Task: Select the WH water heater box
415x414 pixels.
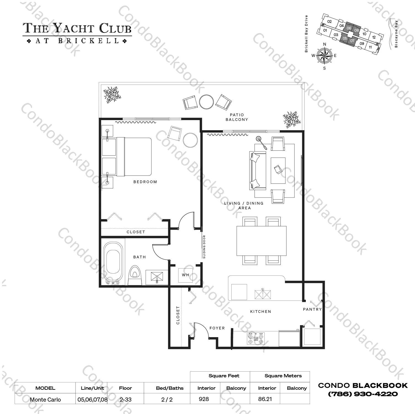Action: click(x=186, y=275)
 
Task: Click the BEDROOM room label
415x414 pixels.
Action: click(x=145, y=182)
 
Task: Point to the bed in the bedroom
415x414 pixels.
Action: click(x=134, y=156)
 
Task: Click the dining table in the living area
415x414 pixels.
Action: click(x=261, y=241)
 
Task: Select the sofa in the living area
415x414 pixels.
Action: click(x=257, y=170)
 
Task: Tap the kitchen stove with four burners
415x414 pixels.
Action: click(x=256, y=338)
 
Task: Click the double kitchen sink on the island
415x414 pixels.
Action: click(x=263, y=294)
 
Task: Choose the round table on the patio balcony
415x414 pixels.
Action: click(x=206, y=102)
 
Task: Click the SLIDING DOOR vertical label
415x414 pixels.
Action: click(x=204, y=247)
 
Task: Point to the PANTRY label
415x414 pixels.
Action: click(x=312, y=309)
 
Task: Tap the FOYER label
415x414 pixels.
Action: click(x=217, y=328)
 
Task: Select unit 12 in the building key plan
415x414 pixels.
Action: click(x=374, y=37)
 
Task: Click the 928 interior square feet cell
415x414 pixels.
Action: click(x=204, y=399)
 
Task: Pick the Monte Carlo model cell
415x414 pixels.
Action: click(x=45, y=399)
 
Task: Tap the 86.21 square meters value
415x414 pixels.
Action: click(x=265, y=399)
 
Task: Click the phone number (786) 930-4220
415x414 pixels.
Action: click(x=363, y=394)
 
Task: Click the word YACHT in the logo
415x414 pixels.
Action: click(x=74, y=28)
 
